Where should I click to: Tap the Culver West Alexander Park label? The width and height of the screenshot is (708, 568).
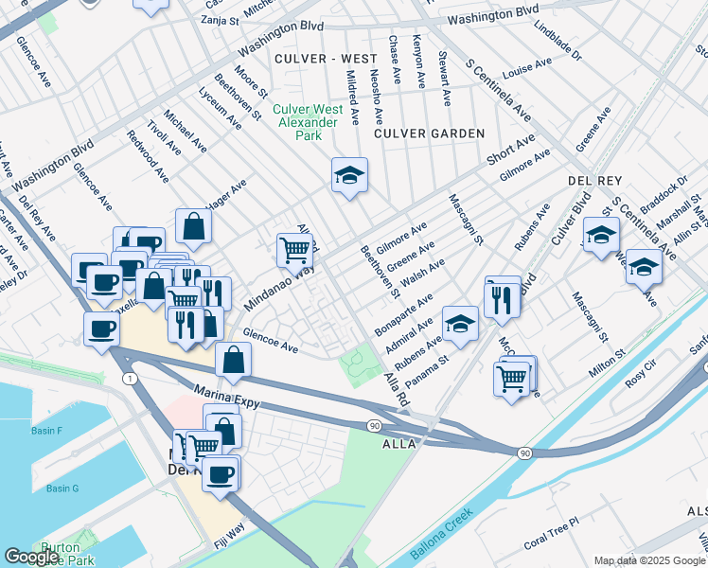tap(306, 122)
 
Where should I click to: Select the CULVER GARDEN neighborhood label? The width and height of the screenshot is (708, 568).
tap(429, 134)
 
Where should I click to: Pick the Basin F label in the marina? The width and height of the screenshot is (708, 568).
tap(46, 432)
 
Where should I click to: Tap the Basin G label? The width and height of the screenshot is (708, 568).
tap(62, 488)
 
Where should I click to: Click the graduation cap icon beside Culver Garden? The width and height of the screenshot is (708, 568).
tap(349, 175)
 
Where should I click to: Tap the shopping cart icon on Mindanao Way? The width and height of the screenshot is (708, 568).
tap(294, 250)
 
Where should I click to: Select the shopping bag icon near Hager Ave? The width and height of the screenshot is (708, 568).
tap(193, 226)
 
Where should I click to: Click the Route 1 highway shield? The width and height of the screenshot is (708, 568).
tap(130, 379)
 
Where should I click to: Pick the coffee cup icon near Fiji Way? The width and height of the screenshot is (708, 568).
tap(221, 473)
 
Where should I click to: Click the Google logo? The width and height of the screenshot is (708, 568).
tap(31, 557)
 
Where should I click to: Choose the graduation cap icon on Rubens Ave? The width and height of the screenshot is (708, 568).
tap(460, 324)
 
